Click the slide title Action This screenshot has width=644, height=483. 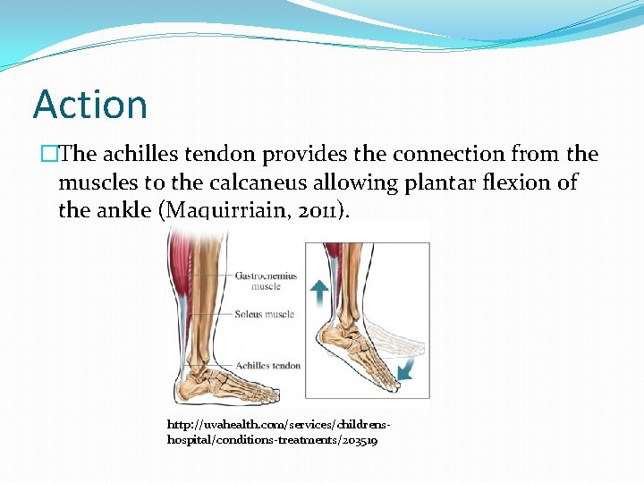[x=90, y=105]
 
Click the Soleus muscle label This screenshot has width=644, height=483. [x=265, y=314]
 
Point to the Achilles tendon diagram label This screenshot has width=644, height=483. [x=268, y=365]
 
